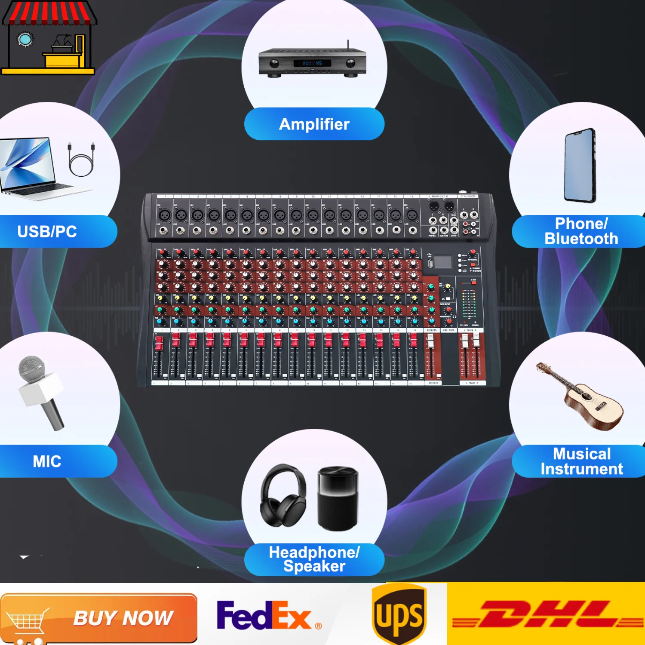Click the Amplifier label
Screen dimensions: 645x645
point(314,124)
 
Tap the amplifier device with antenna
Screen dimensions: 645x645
point(313,63)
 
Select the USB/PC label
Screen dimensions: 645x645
point(47,232)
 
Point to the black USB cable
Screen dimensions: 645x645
point(81,160)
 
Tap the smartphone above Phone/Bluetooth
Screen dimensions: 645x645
point(580,166)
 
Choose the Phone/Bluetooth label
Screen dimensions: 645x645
point(581,231)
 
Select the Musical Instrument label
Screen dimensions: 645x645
point(581,461)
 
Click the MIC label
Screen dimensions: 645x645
point(47,461)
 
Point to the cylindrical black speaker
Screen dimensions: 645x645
point(338,498)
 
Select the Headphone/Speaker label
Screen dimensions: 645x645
point(314,559)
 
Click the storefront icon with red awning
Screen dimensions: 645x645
point(48,38)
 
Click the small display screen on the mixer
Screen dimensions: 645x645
point(442,262)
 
